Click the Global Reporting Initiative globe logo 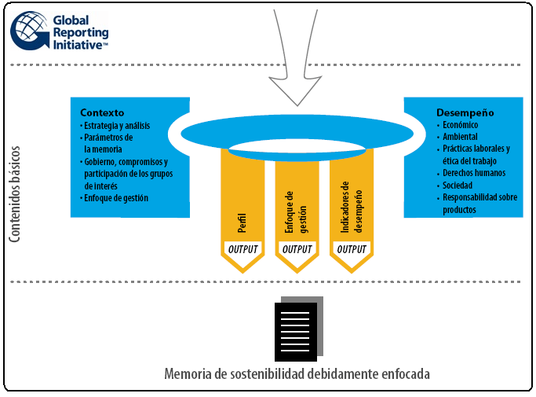tap(30, 31)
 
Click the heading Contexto tap(101, 112)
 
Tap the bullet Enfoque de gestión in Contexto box tap(116, 198)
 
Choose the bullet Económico tap(461, 125)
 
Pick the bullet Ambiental tap(460, 137)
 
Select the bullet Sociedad tap(458, 186)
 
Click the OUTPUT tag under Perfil tap(242, 249)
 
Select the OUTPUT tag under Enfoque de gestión tap(297, 249)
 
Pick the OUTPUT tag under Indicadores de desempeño tap(351, 249)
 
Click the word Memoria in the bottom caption tap(187, 373)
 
